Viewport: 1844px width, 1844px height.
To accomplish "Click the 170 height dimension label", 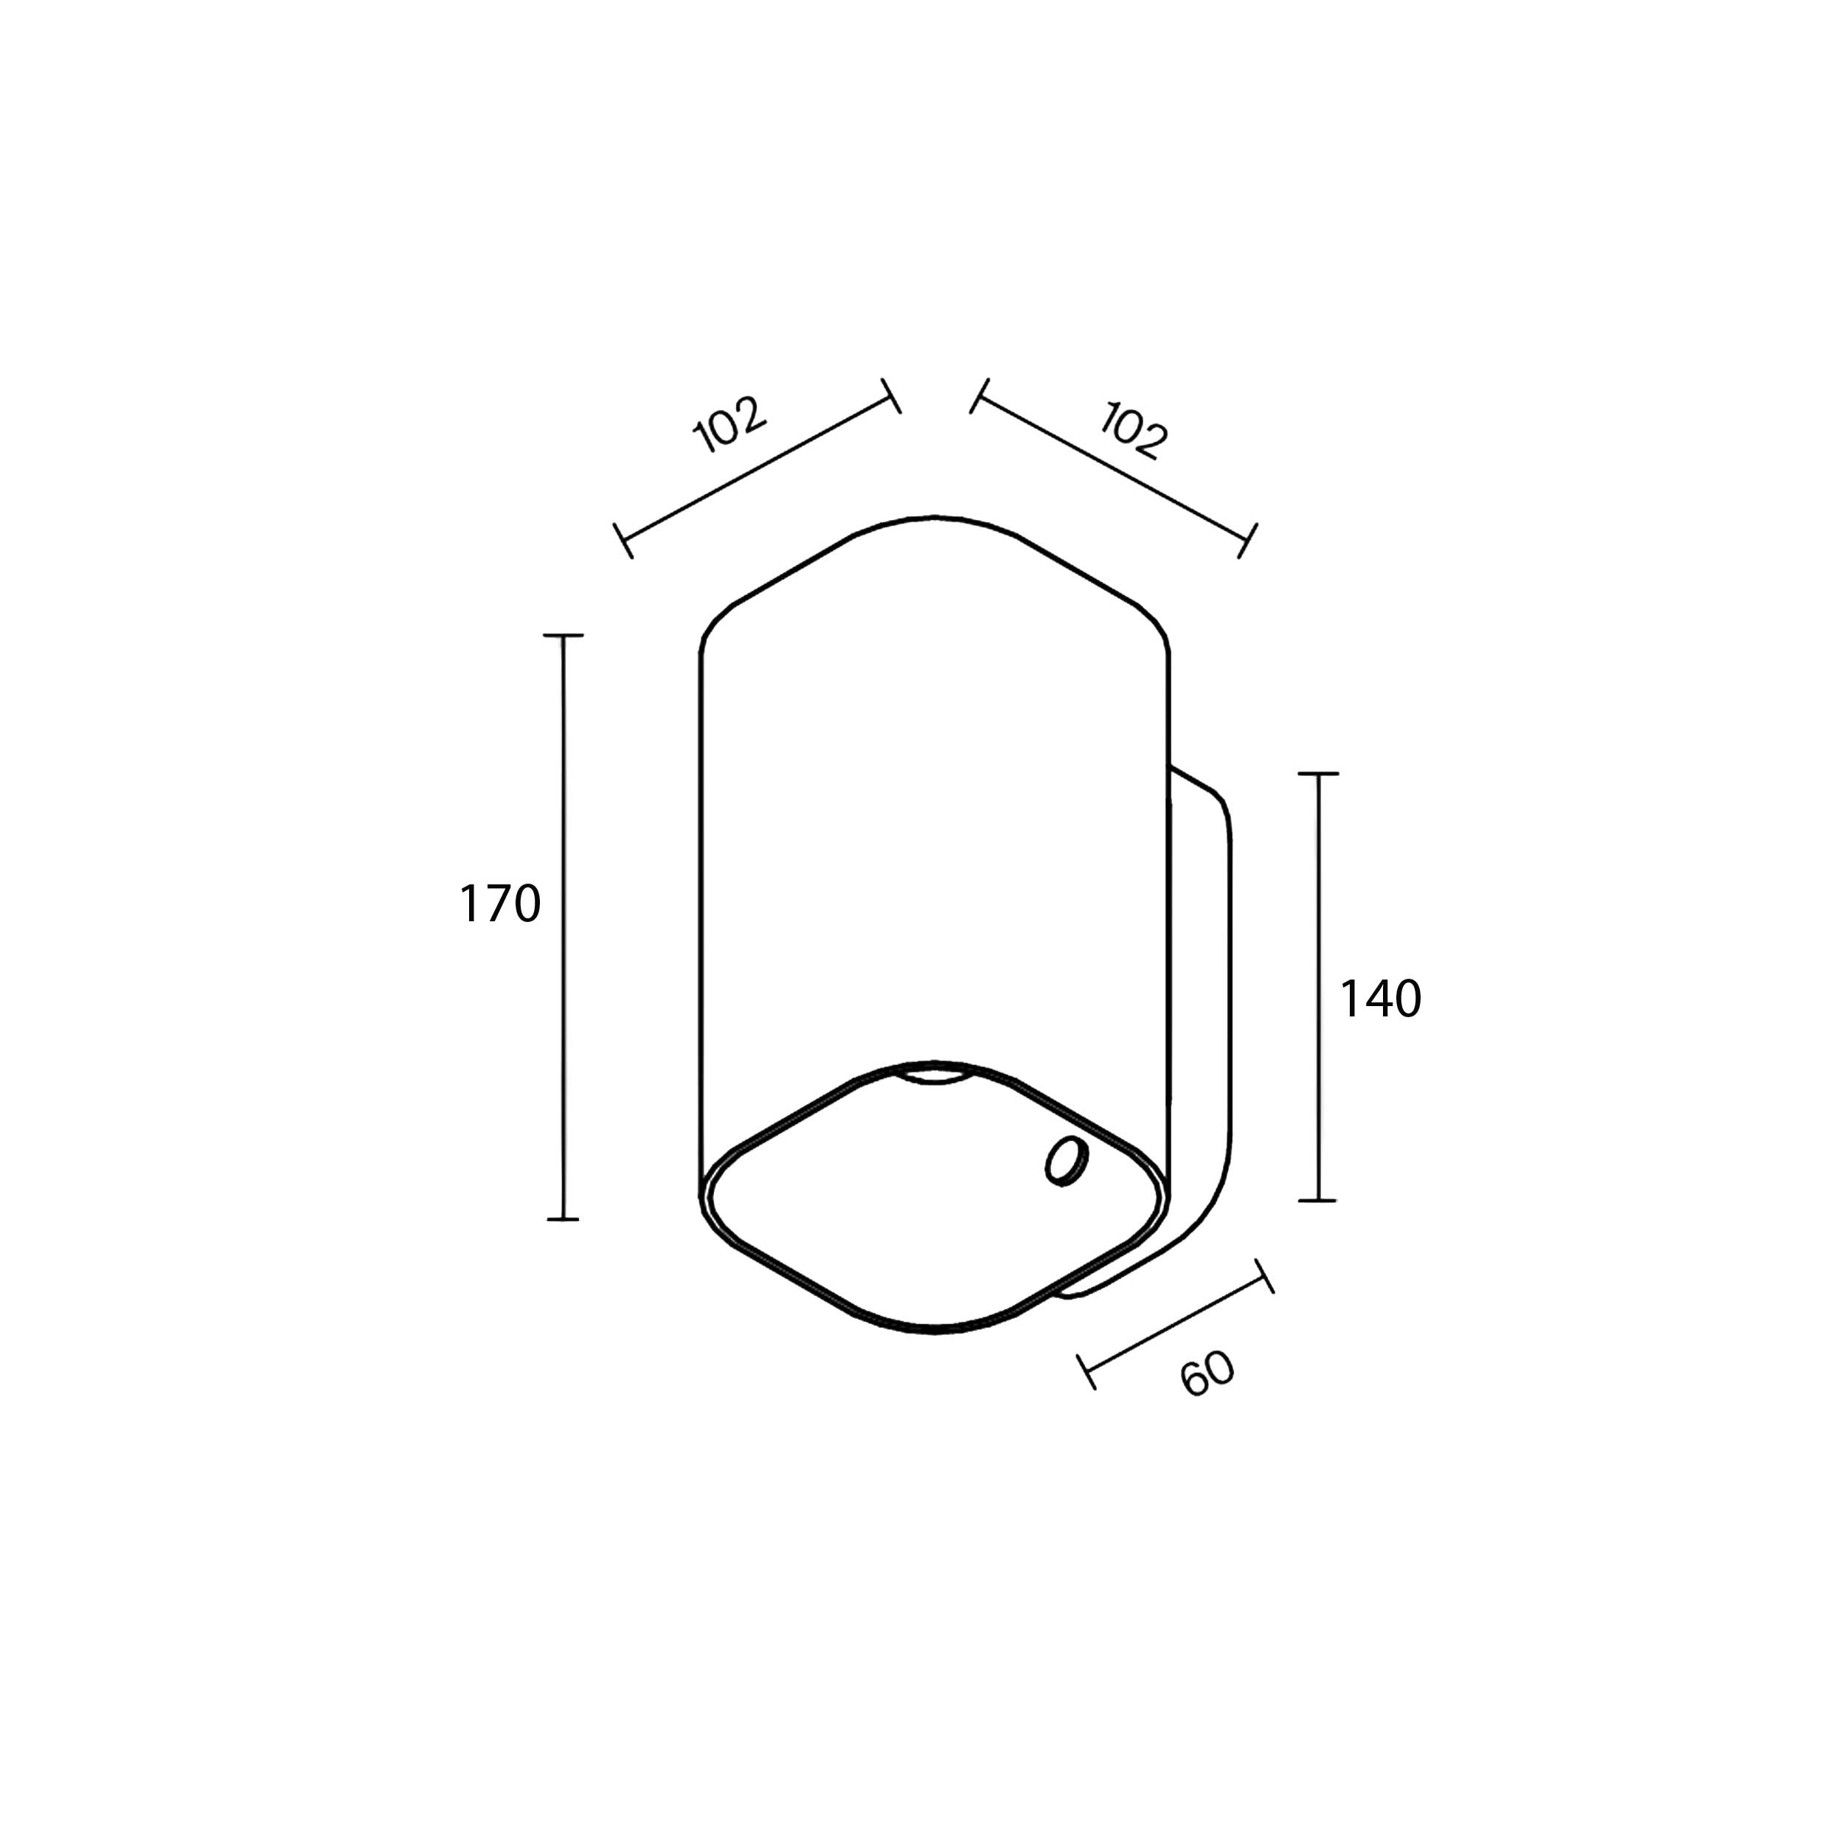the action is [x=500, y=904].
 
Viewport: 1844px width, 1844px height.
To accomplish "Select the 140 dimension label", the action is [x=1380, y=999].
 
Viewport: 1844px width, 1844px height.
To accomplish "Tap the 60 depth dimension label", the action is [x=1208, y=1374].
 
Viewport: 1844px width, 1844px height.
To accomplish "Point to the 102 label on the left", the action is [x=729, y=424].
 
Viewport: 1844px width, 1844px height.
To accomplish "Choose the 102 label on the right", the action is [x=1134, y=431].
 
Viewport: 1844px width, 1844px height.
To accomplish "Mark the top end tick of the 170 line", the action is [x=563, y=635].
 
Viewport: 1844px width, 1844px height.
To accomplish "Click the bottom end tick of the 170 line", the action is [x=563, y=1219].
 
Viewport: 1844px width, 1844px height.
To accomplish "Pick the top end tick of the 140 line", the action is [x=1318, y=774].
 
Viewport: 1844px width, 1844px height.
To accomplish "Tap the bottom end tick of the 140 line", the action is [x=1318, y=1200].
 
